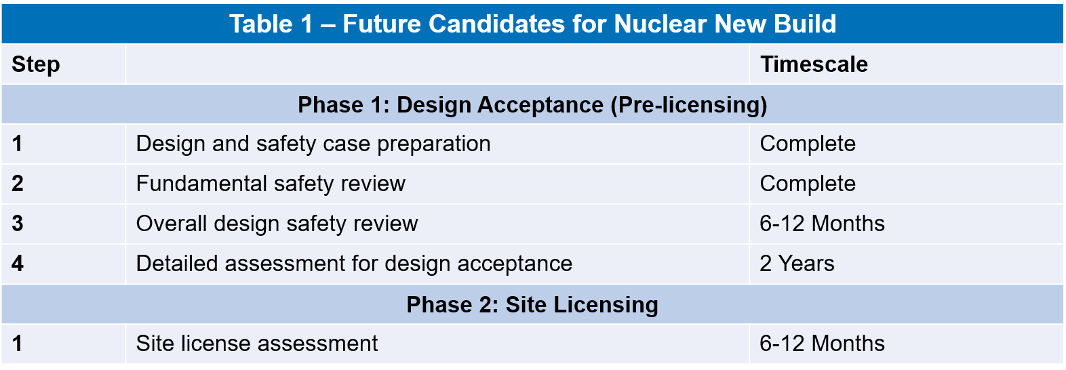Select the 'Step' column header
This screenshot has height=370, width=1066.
click(x=36, y=64)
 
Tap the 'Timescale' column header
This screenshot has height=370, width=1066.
click(x=814, y=64)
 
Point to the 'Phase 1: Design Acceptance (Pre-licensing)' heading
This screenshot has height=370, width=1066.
click(x=532, y=105)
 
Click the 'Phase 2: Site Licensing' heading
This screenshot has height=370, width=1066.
click(x=532, y=304)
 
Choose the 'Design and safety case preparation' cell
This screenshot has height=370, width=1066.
click(x=313, y=144)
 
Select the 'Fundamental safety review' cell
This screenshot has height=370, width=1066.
click(x=271, y=184)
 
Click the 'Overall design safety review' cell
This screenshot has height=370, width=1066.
click(x=277, y=224)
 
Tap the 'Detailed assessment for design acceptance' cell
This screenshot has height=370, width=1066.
click(x=354, y=264)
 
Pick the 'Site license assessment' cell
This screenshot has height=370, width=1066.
click(x=257, y=344)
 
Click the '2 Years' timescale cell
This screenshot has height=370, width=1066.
click(x=797, y=264)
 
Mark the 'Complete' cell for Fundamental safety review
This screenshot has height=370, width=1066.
click(x=808, y=184)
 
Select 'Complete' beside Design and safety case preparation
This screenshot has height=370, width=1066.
click(x=808, y=144)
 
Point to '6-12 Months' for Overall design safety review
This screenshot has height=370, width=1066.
click(x=822, y=224)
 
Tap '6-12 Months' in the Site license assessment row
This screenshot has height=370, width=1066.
click(x=822, y=344)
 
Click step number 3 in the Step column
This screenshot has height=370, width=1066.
click(x=18, y=224)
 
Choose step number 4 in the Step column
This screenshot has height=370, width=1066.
click(x=18, y=264)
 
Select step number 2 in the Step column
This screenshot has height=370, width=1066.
click(x=18, y=184)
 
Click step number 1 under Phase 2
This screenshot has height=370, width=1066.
click(x=18, y=344)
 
